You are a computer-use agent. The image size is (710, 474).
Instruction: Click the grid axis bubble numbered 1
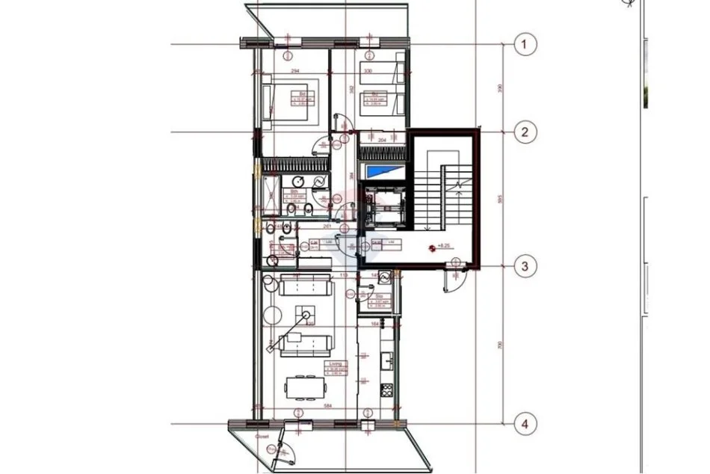point(525,45)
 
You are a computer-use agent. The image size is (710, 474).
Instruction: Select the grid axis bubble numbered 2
point(525,132)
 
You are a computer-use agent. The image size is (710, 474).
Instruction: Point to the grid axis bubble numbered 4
point(525,425)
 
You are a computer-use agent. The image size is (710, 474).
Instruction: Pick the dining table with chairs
point(306,387)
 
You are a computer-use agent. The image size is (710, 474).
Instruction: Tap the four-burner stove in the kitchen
point(387,390)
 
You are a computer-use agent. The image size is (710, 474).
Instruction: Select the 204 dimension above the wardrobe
point(381,139)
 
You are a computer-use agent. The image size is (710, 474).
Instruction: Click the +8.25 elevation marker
point(442,246)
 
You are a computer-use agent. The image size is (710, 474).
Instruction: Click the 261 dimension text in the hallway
point(327,227)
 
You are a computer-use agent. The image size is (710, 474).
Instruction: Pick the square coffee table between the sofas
point(304,313)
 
